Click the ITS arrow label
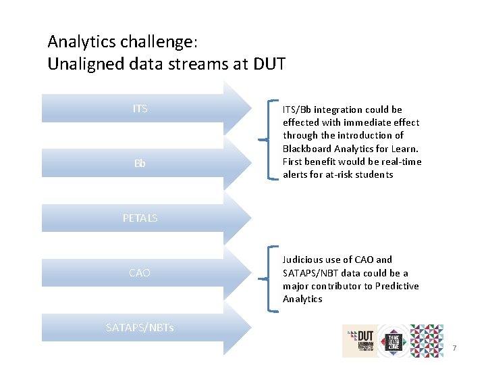pos(140,109)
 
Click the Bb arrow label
pos(140,164)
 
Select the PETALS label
pos(140,218)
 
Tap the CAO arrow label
pos(140,273)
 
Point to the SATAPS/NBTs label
pos(140,328)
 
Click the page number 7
pos(455,348)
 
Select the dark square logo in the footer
pos(394,341)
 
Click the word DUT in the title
pos(269,65)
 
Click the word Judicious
pos(304,260)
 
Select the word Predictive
pos(396,286)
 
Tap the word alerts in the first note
pos(296,174)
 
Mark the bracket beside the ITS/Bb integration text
pos(271,141)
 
